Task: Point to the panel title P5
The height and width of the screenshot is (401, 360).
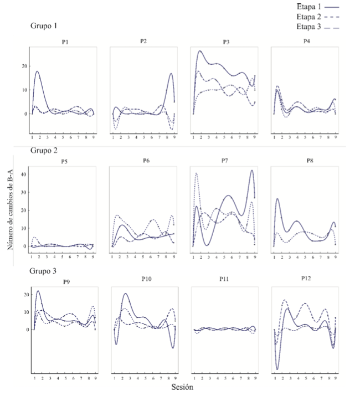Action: (65, 162)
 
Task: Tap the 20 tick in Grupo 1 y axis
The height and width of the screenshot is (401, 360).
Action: (23, 66)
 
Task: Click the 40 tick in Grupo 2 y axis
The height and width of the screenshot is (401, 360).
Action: (23, 174)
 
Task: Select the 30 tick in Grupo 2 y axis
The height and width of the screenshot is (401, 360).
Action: (23, 192)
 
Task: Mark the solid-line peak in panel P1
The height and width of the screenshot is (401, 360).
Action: (38, 71)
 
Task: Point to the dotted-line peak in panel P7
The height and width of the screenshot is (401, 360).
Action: (197, 173)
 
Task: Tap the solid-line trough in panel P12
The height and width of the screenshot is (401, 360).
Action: (277, 369)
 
